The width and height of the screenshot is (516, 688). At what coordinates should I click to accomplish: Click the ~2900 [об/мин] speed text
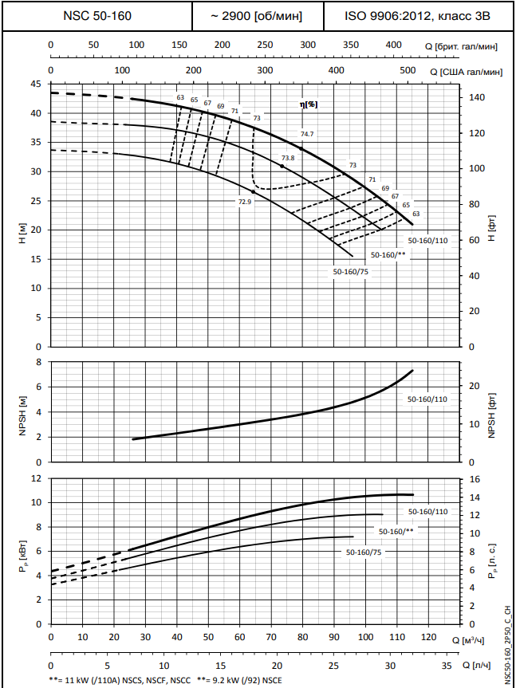coord(258,16)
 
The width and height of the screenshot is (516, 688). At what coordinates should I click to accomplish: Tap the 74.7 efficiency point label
coord(307,134)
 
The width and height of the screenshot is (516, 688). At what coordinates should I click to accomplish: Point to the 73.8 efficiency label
coord(288,158)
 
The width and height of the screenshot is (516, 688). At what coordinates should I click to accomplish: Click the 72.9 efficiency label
coord(245,202)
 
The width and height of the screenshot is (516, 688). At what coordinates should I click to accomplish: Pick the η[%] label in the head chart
coord(308,104)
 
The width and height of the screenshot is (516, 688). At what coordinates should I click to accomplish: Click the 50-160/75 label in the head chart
coord(350,272)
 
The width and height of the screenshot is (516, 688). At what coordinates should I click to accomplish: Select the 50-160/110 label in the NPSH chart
coord(427,399)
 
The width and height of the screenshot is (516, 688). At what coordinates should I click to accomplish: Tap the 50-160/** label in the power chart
coord(396,531)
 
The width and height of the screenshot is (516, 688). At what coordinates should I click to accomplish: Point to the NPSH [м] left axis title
coord(24,411)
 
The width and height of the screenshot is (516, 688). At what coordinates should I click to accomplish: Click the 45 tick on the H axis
coord(35,84)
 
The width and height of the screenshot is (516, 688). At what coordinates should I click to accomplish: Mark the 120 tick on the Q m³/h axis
coord(428,638)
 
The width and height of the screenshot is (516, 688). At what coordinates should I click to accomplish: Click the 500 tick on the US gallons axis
coord(407,71)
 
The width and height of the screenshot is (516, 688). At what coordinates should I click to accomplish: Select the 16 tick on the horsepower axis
coord(475,479)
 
